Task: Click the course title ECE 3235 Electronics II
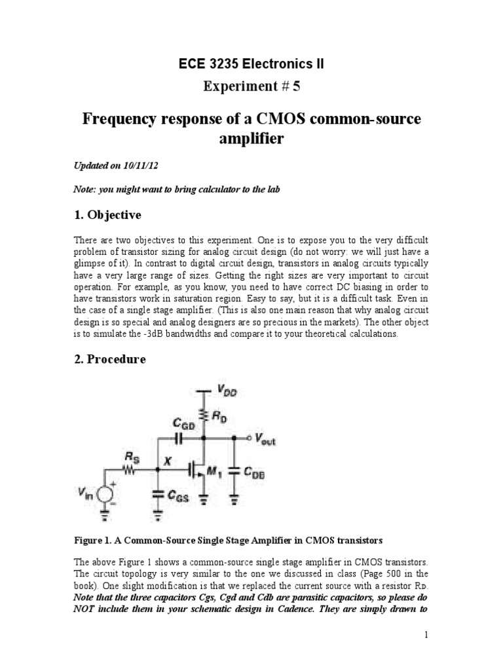[x=251, y=64]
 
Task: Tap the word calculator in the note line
[x=189, y=190]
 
